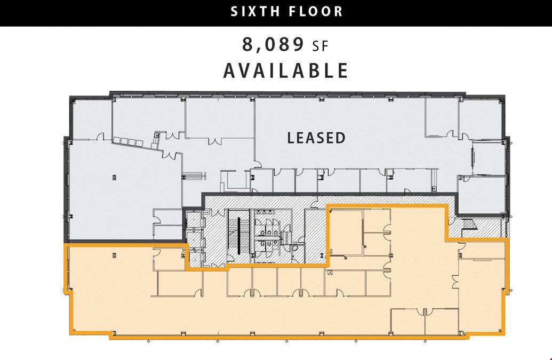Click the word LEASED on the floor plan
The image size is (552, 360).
(x=316, y=138)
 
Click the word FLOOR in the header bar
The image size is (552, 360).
(x=316, y=11)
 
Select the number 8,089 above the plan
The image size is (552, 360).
(x=273, y=45)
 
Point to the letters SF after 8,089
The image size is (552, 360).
(x=320, y=46)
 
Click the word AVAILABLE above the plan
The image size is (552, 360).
(x=286, y=70)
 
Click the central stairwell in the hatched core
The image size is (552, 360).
(x=239, y=236)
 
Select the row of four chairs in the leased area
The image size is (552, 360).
(x=128, y=142)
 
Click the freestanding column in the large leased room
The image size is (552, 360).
(x=115, y=178)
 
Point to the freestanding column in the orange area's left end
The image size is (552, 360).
(x=115, y=255)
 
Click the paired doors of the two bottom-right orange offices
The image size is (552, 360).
(x=425, y=312)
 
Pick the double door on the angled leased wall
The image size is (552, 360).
(x=169, y=155)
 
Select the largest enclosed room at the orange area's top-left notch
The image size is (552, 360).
(x=346, y=233)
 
